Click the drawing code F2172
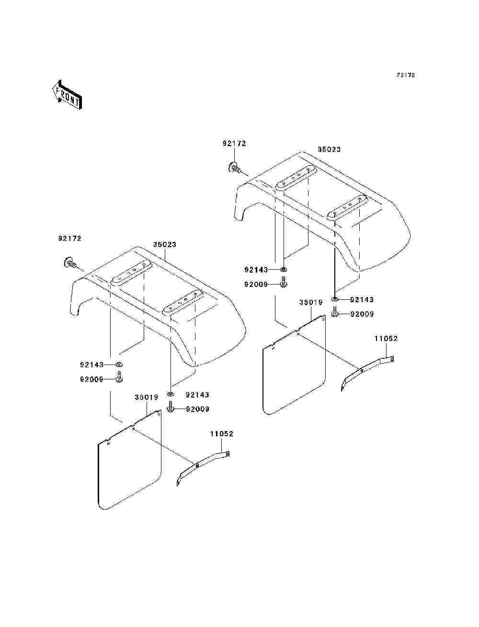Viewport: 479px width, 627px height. coord(405,75)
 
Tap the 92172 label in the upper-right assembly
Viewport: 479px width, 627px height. coord(234,144)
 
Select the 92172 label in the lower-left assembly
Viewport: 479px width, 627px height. coord(70,239)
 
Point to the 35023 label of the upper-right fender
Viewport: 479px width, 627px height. coord(329,149)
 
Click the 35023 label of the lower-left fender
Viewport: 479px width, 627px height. coord(165,244)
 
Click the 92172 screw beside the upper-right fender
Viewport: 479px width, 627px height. coord(235,168)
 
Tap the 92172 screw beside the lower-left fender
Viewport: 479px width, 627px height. coord(70,262)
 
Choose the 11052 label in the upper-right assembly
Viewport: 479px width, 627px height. coord(386,339)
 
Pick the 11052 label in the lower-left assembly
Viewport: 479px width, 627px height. coord(221,434)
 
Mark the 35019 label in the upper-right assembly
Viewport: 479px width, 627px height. coord(311,302)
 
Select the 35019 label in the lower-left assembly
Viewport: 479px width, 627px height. coord(146,398)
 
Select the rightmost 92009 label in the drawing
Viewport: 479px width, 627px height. coord(362,314)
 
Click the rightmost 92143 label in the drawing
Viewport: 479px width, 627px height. coord(362,300)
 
